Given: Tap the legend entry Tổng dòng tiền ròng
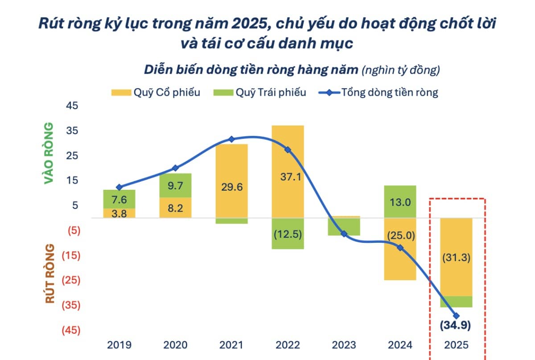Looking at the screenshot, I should pos(379,93).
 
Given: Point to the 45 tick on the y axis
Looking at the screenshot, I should pos(72,106).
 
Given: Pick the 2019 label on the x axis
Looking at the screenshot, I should pos(119,345).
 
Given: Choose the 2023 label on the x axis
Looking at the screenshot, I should pos(344,345).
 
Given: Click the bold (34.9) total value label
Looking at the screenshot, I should pos(456,325).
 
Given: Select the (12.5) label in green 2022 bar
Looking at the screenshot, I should pos(288,234).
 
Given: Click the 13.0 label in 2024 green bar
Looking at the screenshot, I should pos(400,202).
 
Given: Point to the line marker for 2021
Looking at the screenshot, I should pos(231,139).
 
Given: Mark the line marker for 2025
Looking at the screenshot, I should pos(456,315).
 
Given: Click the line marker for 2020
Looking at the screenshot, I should pos(175,168).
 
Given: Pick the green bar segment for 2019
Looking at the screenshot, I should pos(119,199).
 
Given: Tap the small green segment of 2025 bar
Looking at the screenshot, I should pos(456,302).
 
